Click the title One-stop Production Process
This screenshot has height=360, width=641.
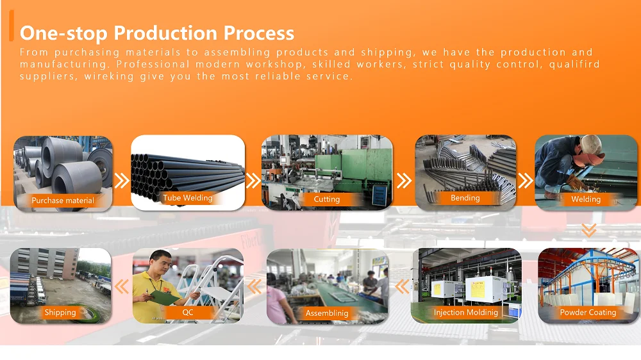157,33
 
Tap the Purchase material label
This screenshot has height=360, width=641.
63,200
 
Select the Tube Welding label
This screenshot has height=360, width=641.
188,198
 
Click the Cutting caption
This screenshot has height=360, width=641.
327,199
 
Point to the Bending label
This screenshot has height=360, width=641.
465,198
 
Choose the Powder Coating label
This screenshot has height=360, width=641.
588,312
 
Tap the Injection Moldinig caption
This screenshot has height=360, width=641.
465,313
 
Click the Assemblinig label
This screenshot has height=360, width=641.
327,313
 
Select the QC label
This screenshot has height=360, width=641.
188,312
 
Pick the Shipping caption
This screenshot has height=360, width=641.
60,312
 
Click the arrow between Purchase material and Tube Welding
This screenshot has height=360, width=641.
121,180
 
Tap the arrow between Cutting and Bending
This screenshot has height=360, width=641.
404,180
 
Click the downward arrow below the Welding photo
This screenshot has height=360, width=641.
588,231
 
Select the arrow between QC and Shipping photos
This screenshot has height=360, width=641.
122,286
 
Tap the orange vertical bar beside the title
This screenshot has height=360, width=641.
12,26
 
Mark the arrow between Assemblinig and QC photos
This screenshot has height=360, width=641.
254,286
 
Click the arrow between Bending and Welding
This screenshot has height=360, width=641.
526,180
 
